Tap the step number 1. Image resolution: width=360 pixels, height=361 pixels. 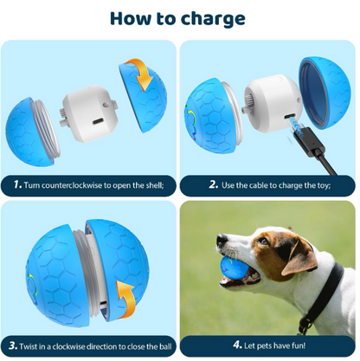tap(18, 184)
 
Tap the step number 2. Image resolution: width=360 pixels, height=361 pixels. tap(212, 184)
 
